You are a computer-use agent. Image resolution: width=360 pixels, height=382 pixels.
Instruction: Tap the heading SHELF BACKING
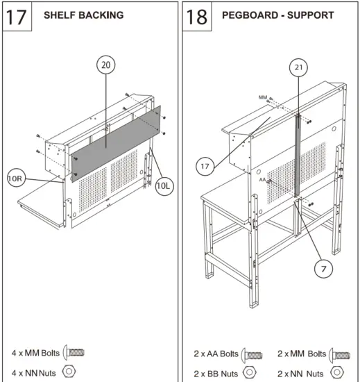[83, 15]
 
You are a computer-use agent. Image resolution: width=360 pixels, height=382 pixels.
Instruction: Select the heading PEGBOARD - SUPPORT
[277, 15]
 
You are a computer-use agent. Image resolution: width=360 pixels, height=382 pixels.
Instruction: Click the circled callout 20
[105, 65]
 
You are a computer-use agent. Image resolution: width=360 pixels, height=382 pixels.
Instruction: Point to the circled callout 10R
[17, 178]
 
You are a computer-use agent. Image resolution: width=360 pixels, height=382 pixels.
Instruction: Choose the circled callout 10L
[164, 186]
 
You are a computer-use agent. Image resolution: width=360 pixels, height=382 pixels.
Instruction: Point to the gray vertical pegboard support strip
[296, 156]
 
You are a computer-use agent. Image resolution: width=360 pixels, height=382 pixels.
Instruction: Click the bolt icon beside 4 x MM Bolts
[74, 353]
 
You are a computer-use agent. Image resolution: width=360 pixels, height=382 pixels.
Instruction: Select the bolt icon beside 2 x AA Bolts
[253, 354]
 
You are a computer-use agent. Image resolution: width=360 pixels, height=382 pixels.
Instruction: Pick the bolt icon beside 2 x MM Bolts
[338, 354]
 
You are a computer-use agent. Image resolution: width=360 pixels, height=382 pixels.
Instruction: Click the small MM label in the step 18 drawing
[262, 97]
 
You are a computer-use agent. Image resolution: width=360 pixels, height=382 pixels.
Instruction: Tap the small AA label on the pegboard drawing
[264, 179]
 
